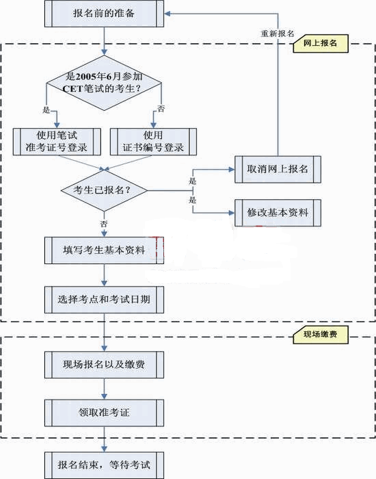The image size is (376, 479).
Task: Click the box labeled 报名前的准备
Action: coord(105,13)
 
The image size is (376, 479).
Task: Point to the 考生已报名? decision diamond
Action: coord(105,190)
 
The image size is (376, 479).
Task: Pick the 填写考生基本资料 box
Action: coord(105,250)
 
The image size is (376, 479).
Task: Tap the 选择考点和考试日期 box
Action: coord(105,299)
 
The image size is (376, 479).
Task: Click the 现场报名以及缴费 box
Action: coord(105,364)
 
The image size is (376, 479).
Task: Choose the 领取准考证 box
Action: coord(105,412)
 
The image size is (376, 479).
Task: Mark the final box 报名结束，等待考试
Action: coord(105,465)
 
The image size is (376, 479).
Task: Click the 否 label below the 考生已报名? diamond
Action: coord(104,223)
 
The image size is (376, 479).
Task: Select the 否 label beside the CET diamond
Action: coord(161,109)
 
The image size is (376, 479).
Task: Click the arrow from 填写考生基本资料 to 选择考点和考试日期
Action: coord(105,274)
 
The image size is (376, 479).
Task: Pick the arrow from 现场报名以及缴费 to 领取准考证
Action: coord(105,388)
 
